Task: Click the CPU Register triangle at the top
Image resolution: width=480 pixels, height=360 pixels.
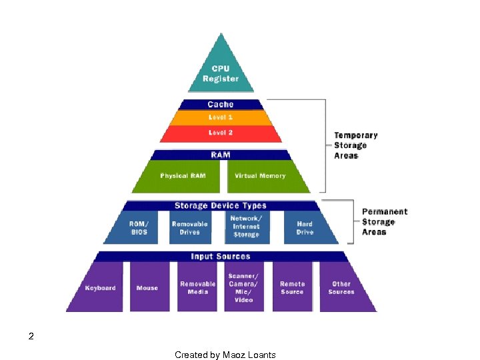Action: [221, 70]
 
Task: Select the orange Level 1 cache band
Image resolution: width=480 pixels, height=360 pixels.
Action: [221, 117]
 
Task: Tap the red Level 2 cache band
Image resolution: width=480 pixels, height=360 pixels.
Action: [221, 133]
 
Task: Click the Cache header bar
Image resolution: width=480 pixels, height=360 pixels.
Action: [221, 104]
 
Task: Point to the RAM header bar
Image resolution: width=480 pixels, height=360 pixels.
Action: [221, 155]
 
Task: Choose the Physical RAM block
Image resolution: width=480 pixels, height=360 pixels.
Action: [183, 176]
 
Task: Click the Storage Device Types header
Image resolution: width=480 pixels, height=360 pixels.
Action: [221, 206]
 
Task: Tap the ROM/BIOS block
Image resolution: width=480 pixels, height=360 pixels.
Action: [139, 228]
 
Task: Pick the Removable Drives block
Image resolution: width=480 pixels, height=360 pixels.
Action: [190, 228]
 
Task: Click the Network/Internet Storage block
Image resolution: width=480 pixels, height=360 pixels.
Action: [246, 227]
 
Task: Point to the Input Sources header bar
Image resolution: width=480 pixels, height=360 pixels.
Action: [221, 257]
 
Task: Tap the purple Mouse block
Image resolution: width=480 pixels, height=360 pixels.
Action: [147, 288]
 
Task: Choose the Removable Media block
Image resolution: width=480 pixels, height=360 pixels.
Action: [198, 288]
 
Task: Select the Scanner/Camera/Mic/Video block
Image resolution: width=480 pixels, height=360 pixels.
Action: [244, 288]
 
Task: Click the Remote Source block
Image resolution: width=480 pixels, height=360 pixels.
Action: [292, 288]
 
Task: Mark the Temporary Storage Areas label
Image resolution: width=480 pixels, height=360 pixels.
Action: [356, 145]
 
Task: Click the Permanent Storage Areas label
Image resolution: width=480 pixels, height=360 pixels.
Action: [385, 222]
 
